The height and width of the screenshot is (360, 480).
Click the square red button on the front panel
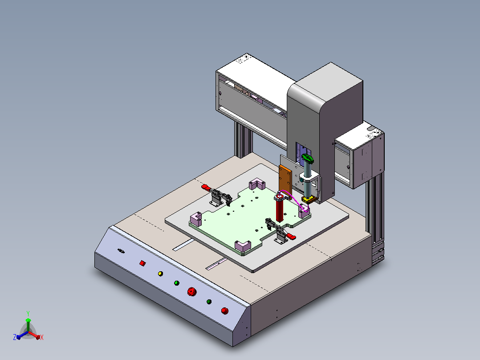pyautogui.click(x=142, y=263)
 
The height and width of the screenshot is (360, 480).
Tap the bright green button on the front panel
pyautogui.click(x=177, y=283)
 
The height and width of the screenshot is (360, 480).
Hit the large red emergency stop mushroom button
pyautogui.click(x=192, y=292)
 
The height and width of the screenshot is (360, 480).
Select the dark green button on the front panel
pyautogui.click(x=209, y=302)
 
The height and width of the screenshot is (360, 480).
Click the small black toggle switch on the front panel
pyautogui.click(x=121, y=251)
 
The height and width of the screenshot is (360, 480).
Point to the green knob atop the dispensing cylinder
pyautogui.click(x=308, y=159)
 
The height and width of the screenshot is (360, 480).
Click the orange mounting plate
pyautogui.click(x=285, y=181)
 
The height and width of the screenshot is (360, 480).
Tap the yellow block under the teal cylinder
pyautogui.click(x=309, y=200)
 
